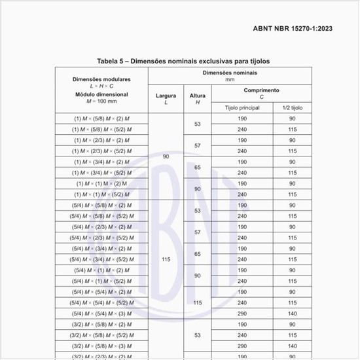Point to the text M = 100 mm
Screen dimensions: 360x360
101,101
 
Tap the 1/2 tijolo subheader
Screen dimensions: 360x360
293,107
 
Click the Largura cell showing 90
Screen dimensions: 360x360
166,156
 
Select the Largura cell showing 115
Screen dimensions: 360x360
166,259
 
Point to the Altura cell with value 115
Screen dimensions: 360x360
197,302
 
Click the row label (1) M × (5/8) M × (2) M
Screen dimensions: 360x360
101,119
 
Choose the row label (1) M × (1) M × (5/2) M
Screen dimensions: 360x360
101,194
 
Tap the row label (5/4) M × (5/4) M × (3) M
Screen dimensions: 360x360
101,313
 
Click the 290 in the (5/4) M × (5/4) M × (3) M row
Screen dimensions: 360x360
242,313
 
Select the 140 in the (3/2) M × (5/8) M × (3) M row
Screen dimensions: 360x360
293,345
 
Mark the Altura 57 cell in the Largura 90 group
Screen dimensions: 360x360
197,145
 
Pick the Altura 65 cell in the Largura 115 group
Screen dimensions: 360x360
197,253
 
